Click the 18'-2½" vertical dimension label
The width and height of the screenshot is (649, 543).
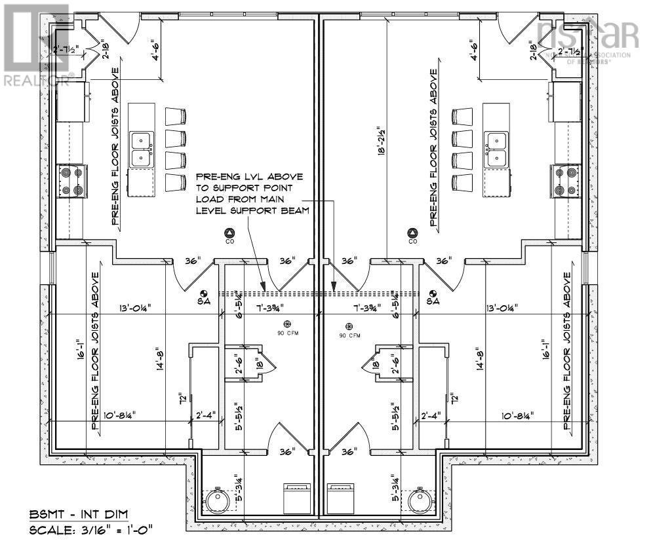[x=380, y=139]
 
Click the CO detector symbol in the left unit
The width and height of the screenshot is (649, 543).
[x=229, y=233]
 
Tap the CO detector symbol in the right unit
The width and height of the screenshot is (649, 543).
[x=412, y=233]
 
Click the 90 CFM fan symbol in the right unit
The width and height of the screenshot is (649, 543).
[x=349, y=326]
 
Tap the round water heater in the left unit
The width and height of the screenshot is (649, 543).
[x=217, y=501]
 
